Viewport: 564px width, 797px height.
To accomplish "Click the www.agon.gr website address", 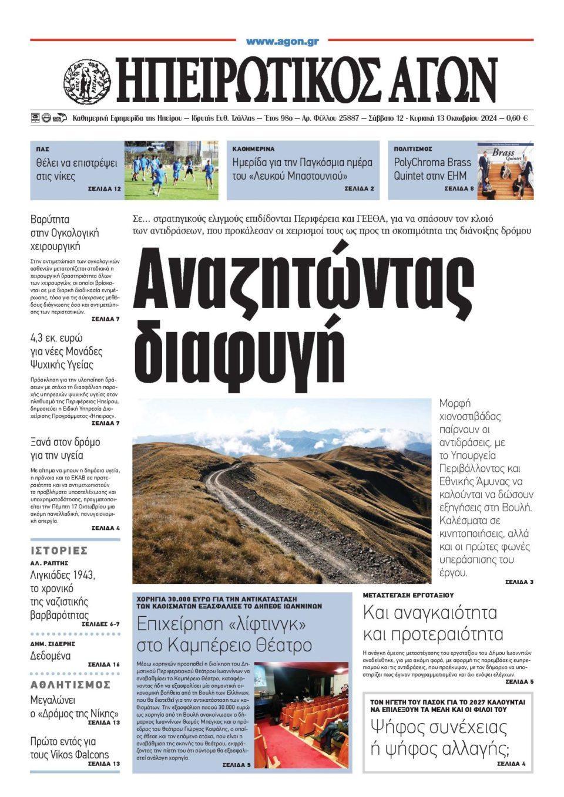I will pos(282,41).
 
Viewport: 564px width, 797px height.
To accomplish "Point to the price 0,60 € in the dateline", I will pos(518,118).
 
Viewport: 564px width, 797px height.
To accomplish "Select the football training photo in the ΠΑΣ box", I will pos(171,170).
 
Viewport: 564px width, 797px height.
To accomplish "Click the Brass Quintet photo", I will pos(505,170).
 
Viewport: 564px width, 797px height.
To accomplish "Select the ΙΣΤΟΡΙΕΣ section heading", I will pos(59,551).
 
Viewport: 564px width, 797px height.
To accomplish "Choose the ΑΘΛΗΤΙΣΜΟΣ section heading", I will pos(70,685).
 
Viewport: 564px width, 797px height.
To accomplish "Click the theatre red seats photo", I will pos(301,711).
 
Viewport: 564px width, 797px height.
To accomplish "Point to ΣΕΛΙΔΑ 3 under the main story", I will pos(519,582).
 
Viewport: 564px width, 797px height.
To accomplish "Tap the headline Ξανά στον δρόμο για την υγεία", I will pos(65,448).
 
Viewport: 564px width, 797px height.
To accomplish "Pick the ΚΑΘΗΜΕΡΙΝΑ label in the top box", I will pos(253,149).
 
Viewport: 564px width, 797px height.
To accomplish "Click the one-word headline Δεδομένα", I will pos(50,656).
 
